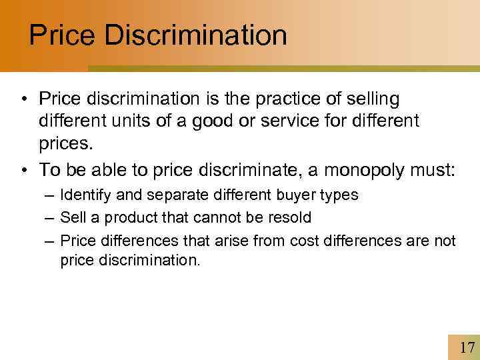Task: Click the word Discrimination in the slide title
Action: [195, 35]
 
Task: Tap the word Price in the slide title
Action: [63, 35]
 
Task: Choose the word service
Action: [299, 122]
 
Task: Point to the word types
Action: [339, 195]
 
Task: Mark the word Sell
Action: [71, 217]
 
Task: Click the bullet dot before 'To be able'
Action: [24, 171]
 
